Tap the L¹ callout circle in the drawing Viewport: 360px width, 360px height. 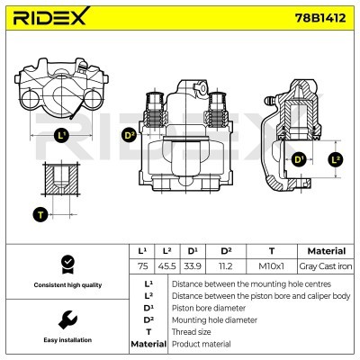point(60,136)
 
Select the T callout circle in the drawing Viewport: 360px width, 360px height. point(39,214)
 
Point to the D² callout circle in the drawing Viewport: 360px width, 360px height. point(129,135)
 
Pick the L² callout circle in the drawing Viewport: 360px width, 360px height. point(336,159)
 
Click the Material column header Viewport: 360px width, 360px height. point(326,250)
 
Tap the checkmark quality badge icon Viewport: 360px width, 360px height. point(66,264)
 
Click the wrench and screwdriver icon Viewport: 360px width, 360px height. point(66,319)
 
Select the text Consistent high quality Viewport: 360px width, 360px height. point(66,285)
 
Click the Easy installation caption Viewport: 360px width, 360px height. point(66,340)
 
